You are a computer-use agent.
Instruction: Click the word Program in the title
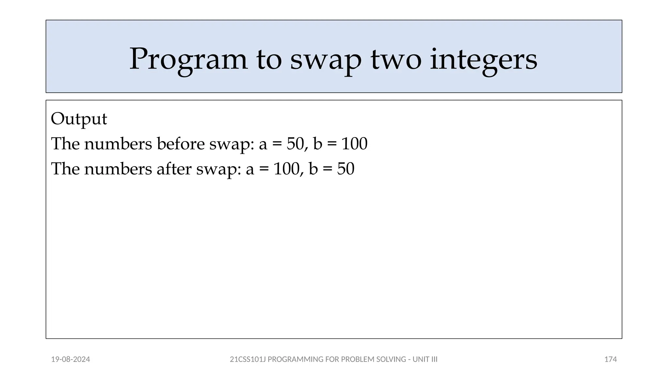click(x=188, y=59)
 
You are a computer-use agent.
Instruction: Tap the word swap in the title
click(x=326, y=59)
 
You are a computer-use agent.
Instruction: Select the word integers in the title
click(x=483, y=59)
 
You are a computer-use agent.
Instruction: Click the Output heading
click(x=79, y=119)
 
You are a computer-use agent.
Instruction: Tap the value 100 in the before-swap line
click(x=354, y=144)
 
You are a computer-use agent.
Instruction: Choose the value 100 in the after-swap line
click(x=286, y=169)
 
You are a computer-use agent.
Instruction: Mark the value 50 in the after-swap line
click(x=345, y=169)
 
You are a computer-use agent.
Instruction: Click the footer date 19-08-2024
click(x=70, y=359)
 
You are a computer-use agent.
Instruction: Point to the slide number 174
click(x=610, y=359)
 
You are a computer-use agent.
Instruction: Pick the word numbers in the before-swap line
click(x=118, y=144)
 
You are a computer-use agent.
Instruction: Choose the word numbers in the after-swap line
click(x=118, y=169)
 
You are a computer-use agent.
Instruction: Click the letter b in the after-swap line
click(x=313, y=169)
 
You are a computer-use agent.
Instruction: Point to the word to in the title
click(x=269, y=59)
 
